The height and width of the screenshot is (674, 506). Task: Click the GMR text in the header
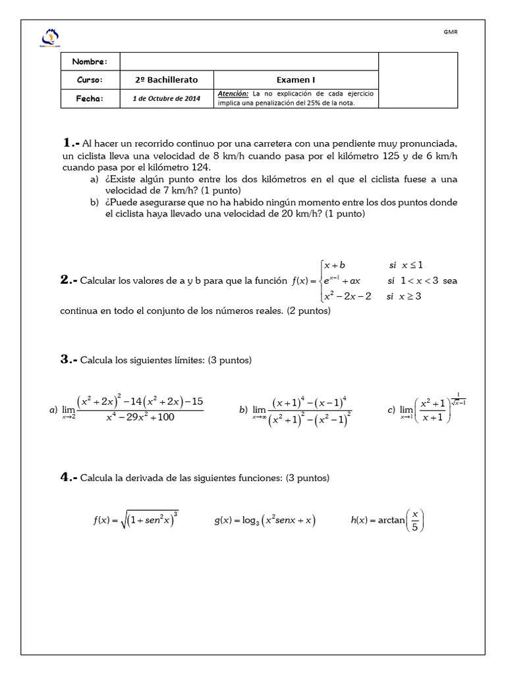point(450,32)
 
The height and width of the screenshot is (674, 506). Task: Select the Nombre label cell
point(91,61)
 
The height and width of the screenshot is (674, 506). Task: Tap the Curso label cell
point(91,80)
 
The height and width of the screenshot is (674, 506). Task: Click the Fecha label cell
point(91,98)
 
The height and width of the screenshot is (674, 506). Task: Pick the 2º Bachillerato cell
point(166,80)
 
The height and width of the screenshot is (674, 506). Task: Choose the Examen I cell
point(296,80)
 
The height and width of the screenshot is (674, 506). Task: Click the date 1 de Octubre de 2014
point(166,98)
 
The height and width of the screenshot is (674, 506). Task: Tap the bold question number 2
point(69,280)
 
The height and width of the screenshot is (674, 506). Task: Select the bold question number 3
point(69,359)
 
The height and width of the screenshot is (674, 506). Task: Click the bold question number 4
point(69,477)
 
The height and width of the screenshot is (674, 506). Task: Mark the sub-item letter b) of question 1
point(94,202)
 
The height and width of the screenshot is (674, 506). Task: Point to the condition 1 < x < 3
point(414,280)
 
